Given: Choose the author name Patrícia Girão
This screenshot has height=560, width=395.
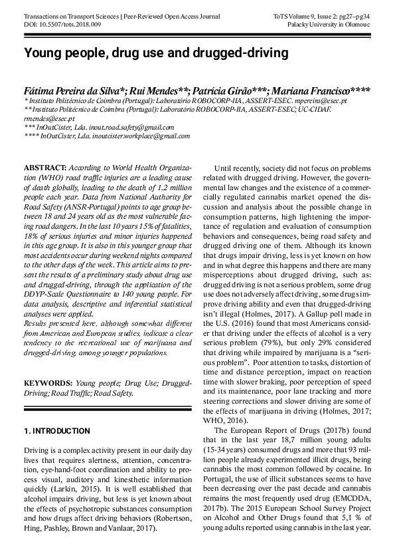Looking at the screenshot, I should (217, 90).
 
